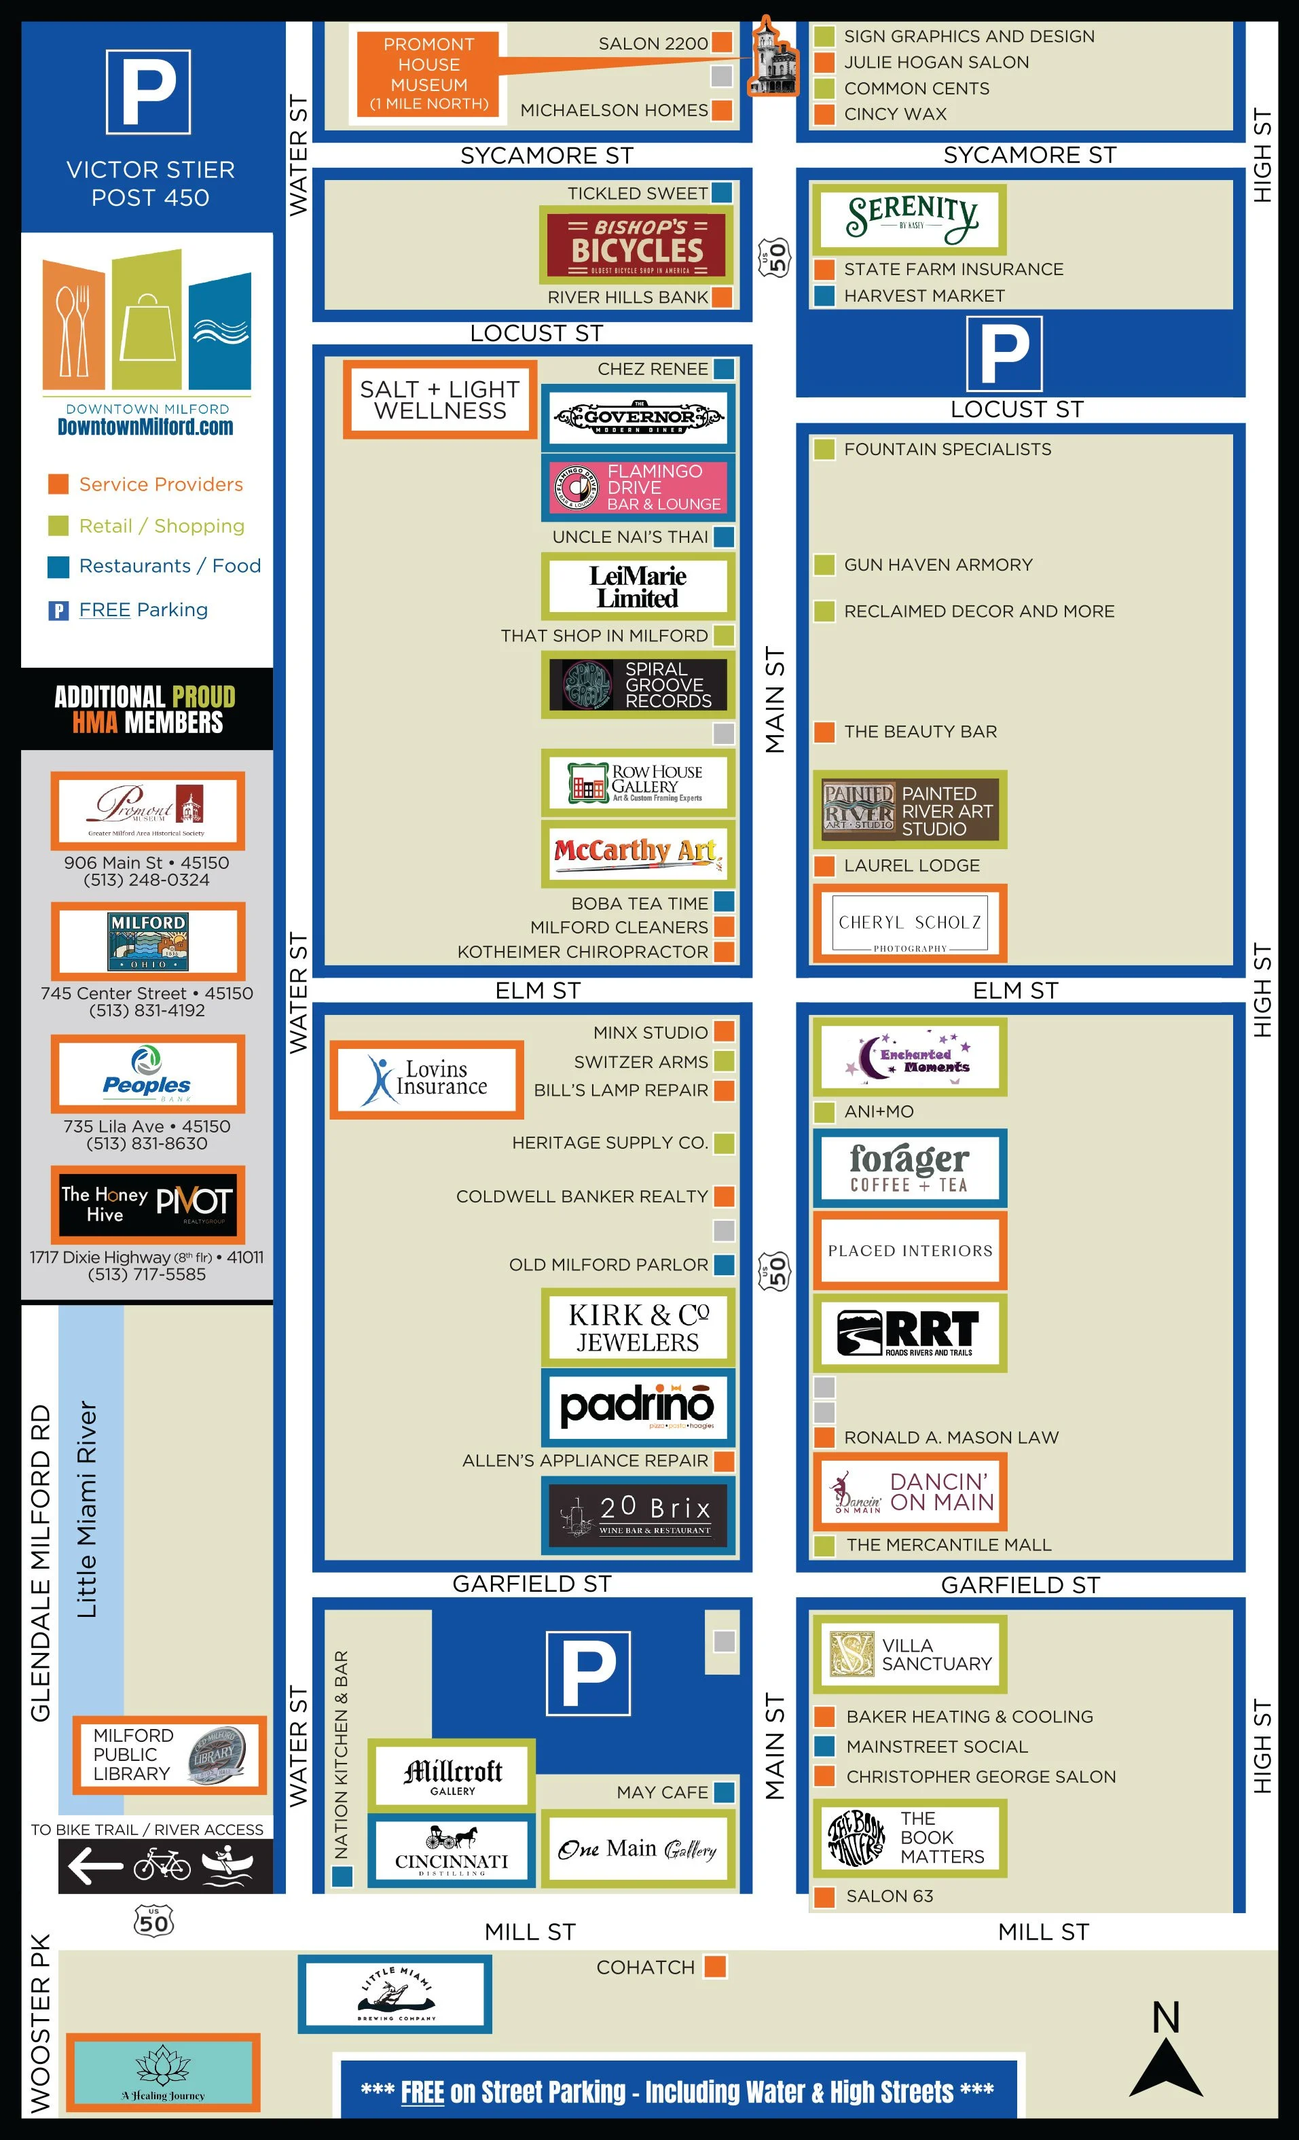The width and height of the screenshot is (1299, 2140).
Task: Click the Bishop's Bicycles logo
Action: (636, 246)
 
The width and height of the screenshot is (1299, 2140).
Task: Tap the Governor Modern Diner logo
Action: (638, 418)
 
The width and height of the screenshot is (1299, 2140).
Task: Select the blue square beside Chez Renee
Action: (723, 369)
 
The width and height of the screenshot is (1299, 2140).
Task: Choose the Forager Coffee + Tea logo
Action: (909, 1168)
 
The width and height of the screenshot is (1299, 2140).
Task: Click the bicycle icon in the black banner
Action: (162, 1865)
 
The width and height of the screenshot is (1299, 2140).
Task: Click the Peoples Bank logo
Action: (147, 1074)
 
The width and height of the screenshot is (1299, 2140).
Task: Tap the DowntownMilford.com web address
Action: (145, 427)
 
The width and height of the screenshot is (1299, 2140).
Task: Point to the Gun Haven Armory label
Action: (938, 565)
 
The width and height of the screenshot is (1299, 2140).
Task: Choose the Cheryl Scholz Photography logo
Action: (909, 923)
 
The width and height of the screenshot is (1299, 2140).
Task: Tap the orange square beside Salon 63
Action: (824, 1896)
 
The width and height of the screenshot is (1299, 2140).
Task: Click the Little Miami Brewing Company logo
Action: (395, 1994)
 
